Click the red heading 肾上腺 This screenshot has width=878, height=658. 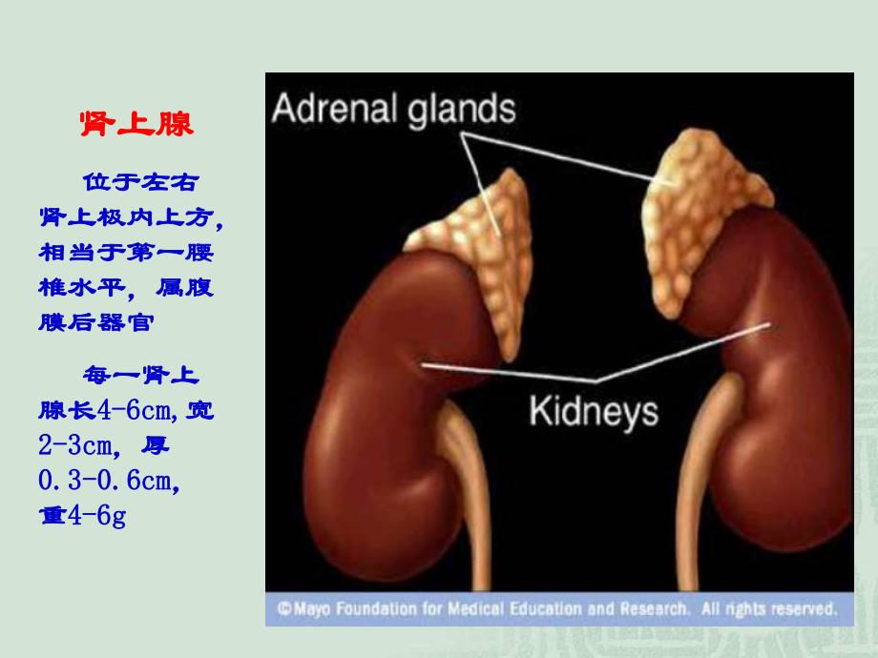[135, 125]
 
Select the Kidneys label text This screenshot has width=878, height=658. [593, 412]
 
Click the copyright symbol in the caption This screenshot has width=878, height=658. [284, 607]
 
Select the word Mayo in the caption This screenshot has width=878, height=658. [309, 607]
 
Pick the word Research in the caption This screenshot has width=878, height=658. [650, 607]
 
